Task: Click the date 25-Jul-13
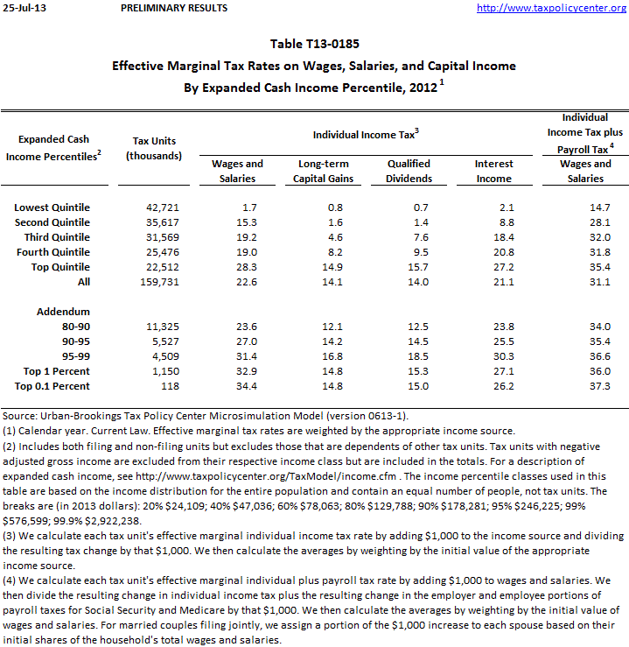coord(24,8)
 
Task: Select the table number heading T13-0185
coord(314,43)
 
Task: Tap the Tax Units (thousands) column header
coord(154,147)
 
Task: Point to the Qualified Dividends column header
coord(409,171)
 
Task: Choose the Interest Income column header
coord(493,171)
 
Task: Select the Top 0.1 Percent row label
coord(52,386)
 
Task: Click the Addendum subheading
coord(63,312)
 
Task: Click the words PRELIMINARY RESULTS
coord(175,8)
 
